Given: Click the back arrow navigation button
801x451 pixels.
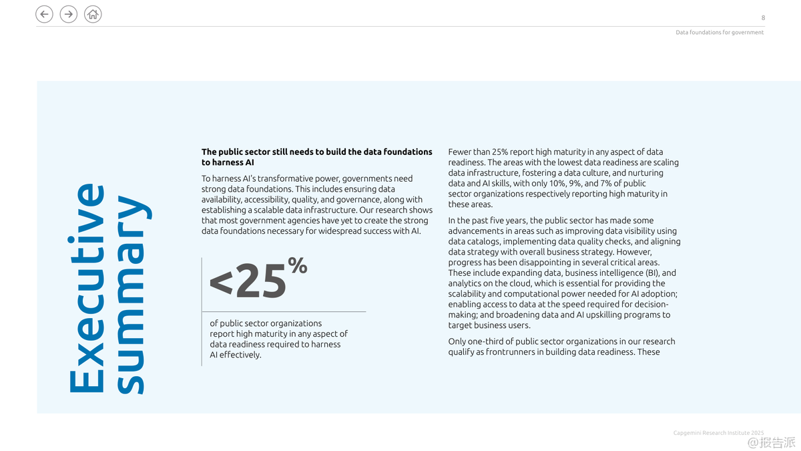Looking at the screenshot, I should [44, 14].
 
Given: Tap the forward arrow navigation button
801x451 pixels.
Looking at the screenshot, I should [69, 14].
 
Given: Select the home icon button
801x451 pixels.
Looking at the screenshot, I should [93, 14].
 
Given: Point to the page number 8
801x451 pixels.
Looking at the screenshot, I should [763, 17].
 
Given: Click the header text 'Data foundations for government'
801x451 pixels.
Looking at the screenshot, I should [720, 32].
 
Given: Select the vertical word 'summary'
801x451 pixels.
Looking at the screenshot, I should [131, 294].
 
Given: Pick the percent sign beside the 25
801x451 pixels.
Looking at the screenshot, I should [298, 267].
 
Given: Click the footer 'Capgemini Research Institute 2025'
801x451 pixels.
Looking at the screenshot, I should [718, 433].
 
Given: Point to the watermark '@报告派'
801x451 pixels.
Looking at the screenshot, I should [771, 442].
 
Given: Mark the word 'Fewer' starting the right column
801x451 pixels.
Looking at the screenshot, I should [459, 152].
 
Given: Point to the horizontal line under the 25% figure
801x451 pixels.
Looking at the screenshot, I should [284, 311].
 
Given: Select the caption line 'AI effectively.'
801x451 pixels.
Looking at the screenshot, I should [236, 355].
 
